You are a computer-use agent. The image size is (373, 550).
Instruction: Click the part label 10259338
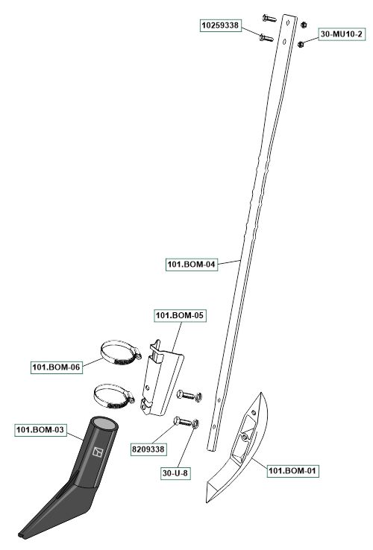coord(221,25)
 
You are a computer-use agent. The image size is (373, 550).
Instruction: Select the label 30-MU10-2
coord(342,34)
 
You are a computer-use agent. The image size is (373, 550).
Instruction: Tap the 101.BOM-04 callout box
coord(191,264)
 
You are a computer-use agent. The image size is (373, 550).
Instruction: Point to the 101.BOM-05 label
coord(180,315)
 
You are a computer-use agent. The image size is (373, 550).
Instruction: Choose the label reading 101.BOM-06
coord(56,367)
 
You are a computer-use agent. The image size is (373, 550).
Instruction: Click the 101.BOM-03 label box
coord(40,430)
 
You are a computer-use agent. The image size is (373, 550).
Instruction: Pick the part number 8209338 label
coord(148,449)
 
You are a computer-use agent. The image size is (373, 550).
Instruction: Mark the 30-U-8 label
coord(175,473)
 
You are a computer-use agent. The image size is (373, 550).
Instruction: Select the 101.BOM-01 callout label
coord(292,471)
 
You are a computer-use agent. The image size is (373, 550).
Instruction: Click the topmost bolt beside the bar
coord(269,17)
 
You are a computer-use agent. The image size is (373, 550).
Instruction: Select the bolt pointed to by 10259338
coord(266,37)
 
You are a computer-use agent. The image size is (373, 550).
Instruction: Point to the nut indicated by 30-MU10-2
coord(301,45)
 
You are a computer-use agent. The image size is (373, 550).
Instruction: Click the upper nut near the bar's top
coord(304,25)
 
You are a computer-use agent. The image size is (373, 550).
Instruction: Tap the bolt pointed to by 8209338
coord(183,421)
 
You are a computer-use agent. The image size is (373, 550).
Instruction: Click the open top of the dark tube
coord(104,423)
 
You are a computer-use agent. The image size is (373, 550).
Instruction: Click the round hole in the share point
coord(243,437)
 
